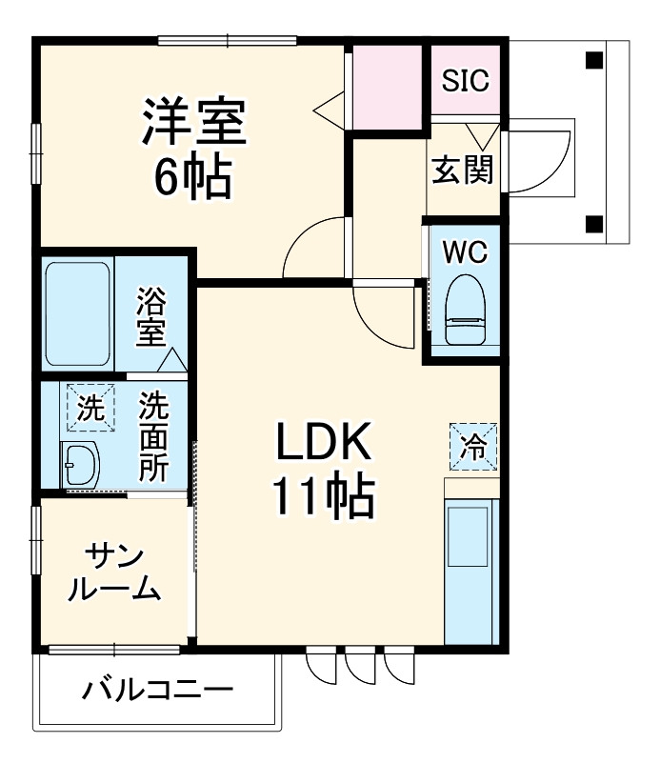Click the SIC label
466,81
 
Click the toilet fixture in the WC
466,311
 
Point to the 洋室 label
195,121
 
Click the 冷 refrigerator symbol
473,444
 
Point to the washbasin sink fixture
80,466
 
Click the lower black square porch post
593,225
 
